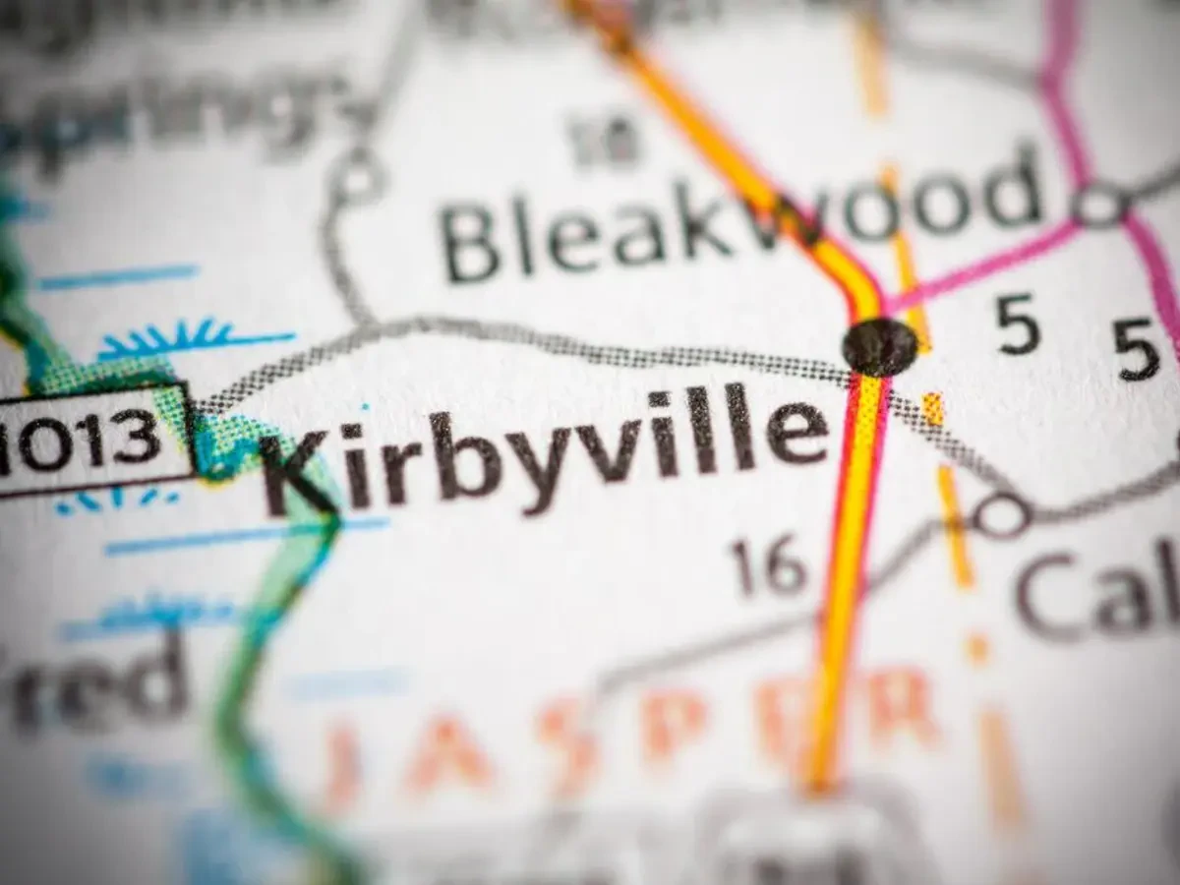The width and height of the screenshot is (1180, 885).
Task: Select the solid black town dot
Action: point(879,346)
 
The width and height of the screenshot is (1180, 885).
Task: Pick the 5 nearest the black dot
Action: point(1018,324)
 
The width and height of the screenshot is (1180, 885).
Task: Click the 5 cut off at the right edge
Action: point(1138,350)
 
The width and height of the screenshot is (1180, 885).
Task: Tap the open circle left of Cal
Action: point(1001,515)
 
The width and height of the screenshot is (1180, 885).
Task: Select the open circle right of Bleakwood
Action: point(1098,206)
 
